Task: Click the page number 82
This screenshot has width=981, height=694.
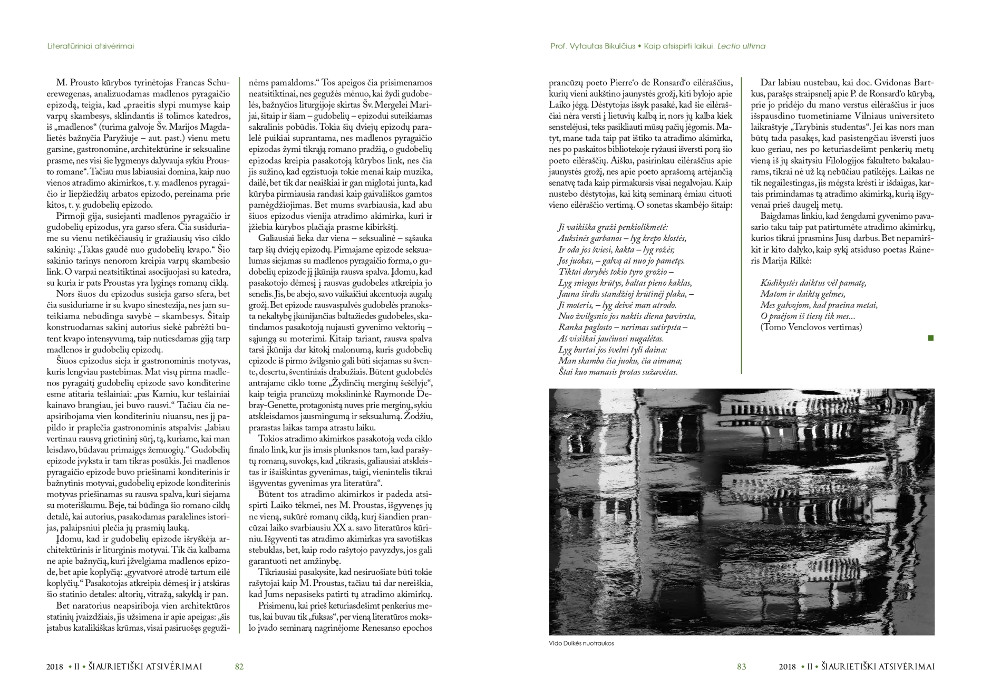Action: click(x=239, y=667)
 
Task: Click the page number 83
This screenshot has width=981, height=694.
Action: click(x=741, y=667)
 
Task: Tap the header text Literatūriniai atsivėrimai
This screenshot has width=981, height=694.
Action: click(x=90, y=46)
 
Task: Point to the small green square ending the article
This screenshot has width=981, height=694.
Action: click(x=930, y=338)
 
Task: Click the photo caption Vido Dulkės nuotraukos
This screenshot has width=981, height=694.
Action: click(x=581, y=643)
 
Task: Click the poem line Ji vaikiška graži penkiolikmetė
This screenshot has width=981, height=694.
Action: click(x=613, y=227)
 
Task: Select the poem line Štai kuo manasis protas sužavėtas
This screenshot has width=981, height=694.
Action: click(x=617, y=372)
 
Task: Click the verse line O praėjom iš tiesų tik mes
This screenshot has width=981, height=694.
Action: click(x=808, y=316)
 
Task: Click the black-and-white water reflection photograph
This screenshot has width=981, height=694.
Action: click(x=741, y=512)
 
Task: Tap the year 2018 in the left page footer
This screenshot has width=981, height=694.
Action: click(x=54, y=667)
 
